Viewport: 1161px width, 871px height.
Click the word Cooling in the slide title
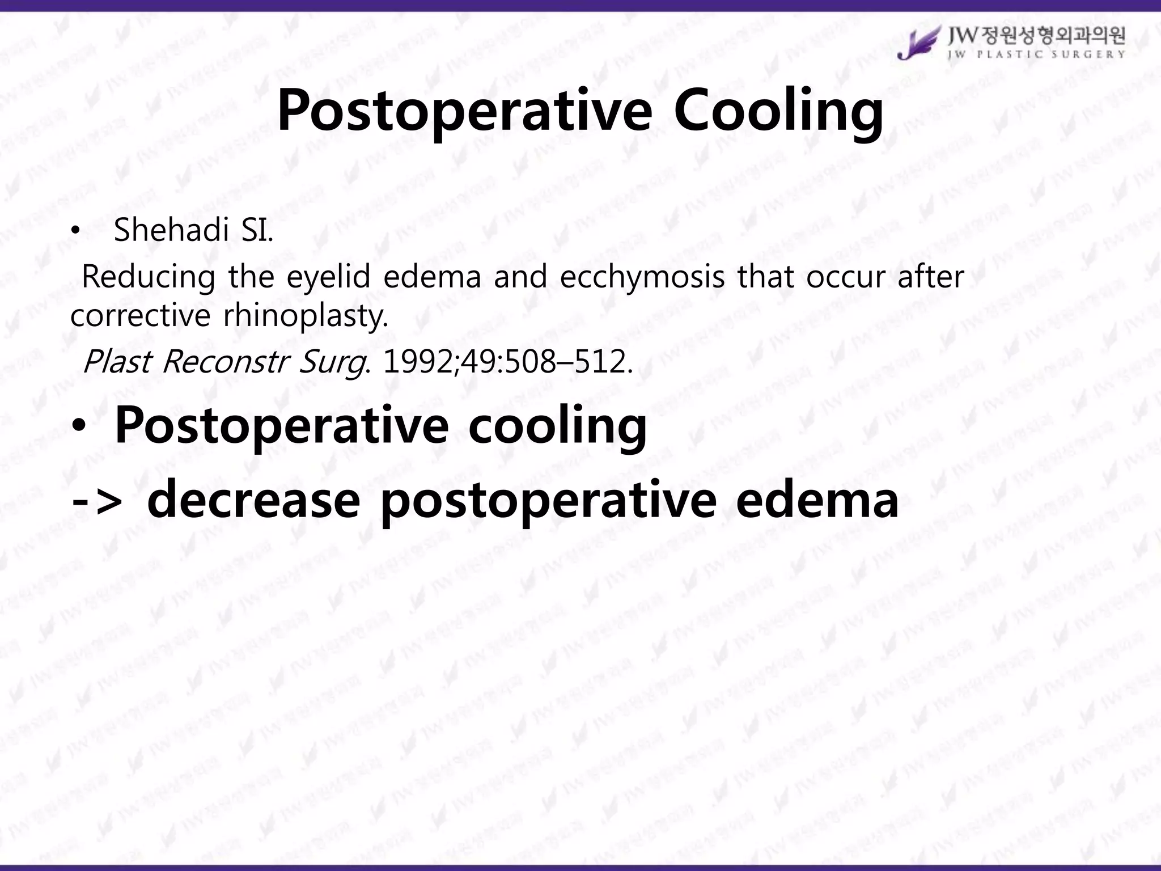coord(778,111)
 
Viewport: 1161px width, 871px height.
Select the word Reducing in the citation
coord(149,277)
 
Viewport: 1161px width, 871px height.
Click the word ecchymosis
coord(642,277)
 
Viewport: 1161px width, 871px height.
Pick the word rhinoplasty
coord(306,315)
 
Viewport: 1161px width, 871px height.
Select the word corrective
coord(140,315)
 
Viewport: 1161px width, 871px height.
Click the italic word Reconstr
coord(225,361)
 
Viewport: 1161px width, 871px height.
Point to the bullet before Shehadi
coord(75,231)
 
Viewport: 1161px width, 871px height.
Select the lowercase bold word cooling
coord(557,425)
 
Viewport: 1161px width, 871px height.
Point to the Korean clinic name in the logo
coord(1036,36)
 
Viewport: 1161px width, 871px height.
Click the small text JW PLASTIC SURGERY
coord(1036,54)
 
